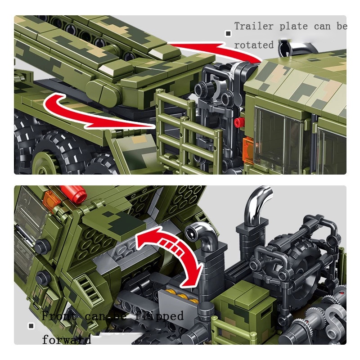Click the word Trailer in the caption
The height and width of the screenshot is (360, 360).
coord(254,27)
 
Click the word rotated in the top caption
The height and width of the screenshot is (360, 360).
coord(253,45)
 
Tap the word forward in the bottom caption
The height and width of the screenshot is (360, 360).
coord(66,339)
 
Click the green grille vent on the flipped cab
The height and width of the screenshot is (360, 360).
coord(90,288)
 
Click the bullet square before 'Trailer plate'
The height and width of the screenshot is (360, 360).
coord(228,33)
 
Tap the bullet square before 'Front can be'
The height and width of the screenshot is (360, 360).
coord(31,325)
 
